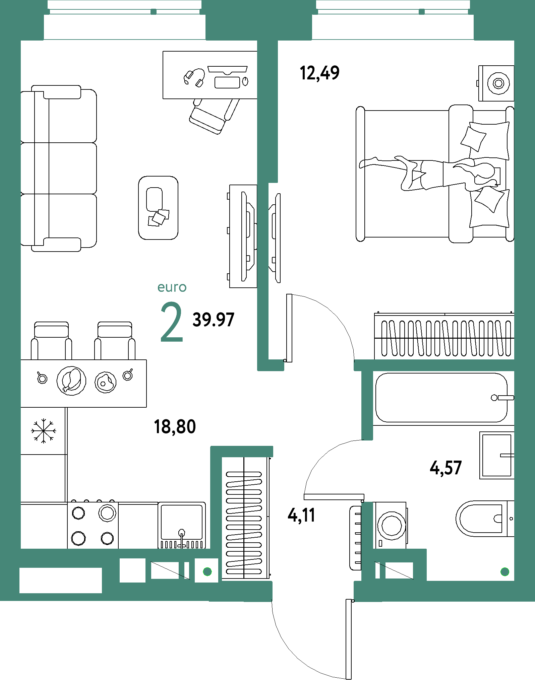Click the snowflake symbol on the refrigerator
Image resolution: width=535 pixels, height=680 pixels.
pos(44,431)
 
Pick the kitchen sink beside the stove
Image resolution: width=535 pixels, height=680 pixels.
pos(182,525)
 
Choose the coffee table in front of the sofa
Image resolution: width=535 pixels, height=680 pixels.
pos(158,208)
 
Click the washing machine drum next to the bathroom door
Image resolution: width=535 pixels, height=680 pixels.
pos(391,525)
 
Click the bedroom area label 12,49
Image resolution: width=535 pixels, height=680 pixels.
pos(319,73)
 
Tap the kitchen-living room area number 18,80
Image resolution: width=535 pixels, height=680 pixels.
pos(175,427)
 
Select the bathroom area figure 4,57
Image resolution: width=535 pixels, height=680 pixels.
pos(446,468)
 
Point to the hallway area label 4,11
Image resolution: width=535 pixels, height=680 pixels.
pos(301,515)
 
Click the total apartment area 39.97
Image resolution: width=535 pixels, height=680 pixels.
pos(213,320)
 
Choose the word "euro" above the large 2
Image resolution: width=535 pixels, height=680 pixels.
pos(172,287)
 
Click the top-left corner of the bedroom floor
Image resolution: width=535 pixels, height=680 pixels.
pos(278,41)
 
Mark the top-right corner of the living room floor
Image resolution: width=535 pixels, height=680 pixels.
pos(257,41)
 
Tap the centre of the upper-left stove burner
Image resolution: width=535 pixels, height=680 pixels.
pos(78,513)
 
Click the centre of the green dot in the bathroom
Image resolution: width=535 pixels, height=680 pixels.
pos(505,572)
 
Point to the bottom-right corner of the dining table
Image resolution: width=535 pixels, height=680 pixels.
pos(146,407)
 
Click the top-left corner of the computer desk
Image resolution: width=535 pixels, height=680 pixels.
pos(163,51)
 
